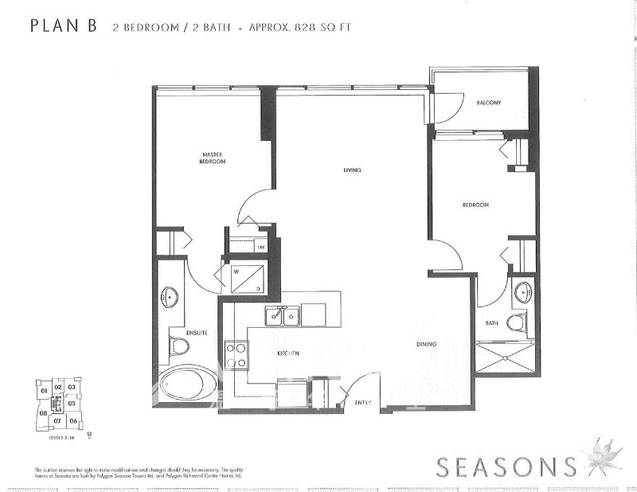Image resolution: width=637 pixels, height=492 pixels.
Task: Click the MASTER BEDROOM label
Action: (x=212, y=158)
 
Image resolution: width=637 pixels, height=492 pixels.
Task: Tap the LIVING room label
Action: (x=353, y=170)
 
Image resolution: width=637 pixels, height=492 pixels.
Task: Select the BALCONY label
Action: (x=488, y=103)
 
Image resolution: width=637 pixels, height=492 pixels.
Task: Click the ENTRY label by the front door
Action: (x=363, y=403)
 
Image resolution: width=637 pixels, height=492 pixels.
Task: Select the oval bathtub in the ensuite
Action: (x=188, y=385)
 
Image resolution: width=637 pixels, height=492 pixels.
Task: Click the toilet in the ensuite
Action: (x=179, y=346)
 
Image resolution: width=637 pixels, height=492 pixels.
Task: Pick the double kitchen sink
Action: (x=283, y=316)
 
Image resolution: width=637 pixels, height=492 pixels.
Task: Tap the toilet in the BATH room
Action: (x=518, y=322)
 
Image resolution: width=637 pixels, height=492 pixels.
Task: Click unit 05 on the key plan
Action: (x=72, y=404)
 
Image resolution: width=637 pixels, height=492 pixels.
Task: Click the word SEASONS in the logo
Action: (x=505, y=466)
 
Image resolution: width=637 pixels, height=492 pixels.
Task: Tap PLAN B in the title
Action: (x=64, y=25)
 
